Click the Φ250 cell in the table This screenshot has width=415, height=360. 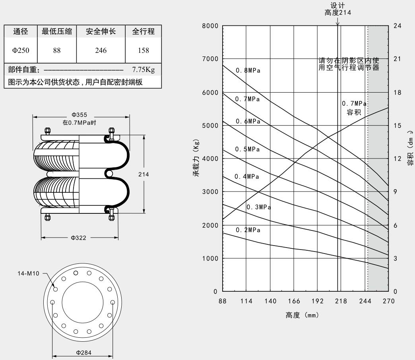(x=20, y=50)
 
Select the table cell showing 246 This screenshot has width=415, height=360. (x=101, y=50)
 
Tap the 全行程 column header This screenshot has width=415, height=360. (x=144, y=31)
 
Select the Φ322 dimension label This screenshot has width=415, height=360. (x=79, y=238)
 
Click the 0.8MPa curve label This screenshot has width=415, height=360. (x=248, y=71)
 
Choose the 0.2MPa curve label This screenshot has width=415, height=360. (x=248, y=230)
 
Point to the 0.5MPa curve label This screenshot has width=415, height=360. (x=248, y=149)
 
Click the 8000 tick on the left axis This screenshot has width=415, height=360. (x=210, y=26)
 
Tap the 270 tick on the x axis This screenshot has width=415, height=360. (x=388, y=301)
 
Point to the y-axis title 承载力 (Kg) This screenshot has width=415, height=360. (x=197, y=159)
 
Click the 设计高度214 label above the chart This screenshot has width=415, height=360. (x=337, y=9)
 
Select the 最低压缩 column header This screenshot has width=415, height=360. (x=57, y=31)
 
